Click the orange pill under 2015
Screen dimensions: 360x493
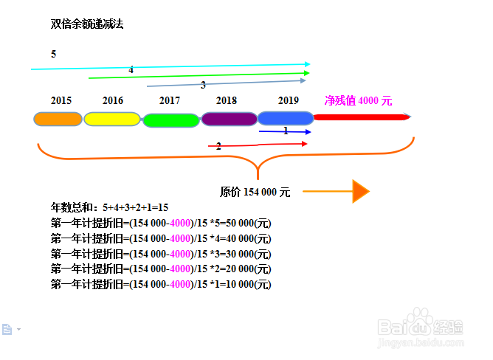pyautogui.click(x=58, y=118)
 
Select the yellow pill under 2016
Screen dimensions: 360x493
pyautogui.click(x=111, y=119)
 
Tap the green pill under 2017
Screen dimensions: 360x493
pyautogui.click(x=170, y=120)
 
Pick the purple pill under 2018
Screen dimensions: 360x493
pyautogui.click(x=229, y=119)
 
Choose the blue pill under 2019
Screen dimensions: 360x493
pyautogui.click(x=286, y=118)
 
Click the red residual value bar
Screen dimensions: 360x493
pyautogui.click(x=360, y=117)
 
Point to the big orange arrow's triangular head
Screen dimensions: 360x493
pyautogui.click(x=360, y=192)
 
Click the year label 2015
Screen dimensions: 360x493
pyautogui.click(x=61, y=100)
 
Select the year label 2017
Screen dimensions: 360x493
pyautogui.click(x=170, y=100)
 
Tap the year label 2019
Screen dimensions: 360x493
pyautogui.click(x=289, y=100)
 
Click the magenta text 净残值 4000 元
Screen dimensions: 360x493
pyautogui.click(x=359, y=100)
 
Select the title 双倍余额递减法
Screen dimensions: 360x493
pyautogui.click(x=87, y=24)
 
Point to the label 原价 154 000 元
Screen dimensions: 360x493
pyautogui.click(x=255, y=192)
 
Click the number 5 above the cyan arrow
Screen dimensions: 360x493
pyautogui.click(x=53, y=54)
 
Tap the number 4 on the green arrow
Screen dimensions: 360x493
pyautogui.click(x=131, y=70)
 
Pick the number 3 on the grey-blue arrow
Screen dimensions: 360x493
pyautogui.click(x=203, y=86)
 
